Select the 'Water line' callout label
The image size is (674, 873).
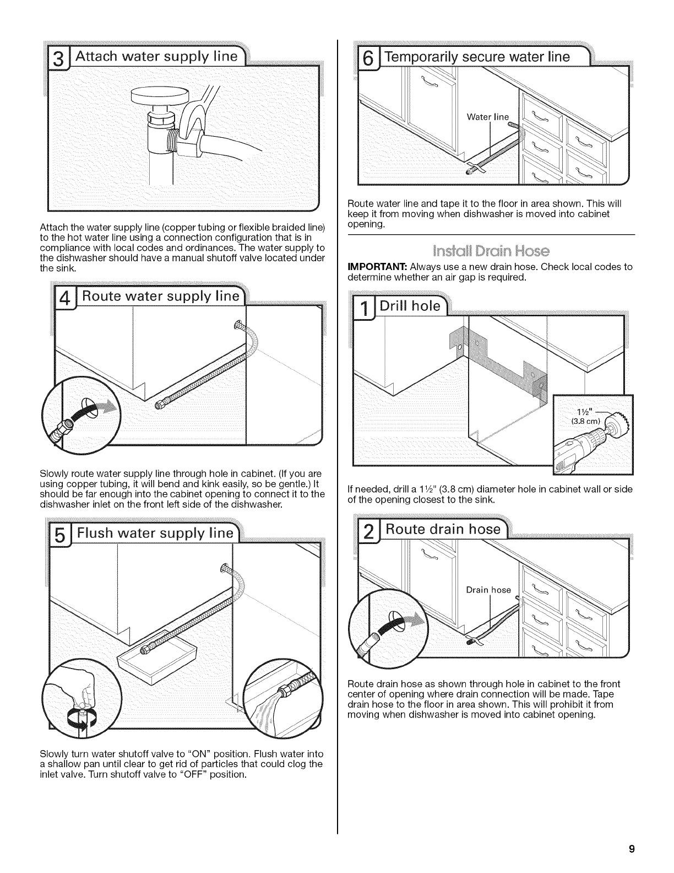coord(488,116)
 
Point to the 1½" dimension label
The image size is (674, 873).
coord(582,414)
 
